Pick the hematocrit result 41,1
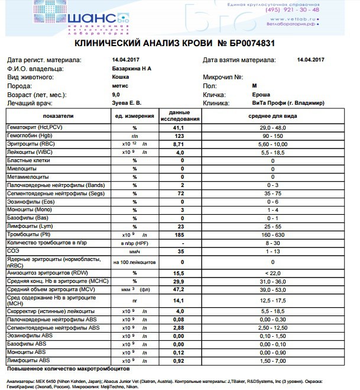[x=179, y=128]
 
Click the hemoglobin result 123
[x=179, y=136]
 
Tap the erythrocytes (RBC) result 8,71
[x=179, y=144]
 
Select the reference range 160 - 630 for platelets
[x=273, y=235]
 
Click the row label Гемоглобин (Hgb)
[x=30, y=136]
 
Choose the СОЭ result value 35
[x=179, y=252]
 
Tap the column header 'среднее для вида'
[x=273, y=115]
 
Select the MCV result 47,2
[x=179, y=290]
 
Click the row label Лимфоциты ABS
[x=28, y=360]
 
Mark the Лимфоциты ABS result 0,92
[x=179, y=360]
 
